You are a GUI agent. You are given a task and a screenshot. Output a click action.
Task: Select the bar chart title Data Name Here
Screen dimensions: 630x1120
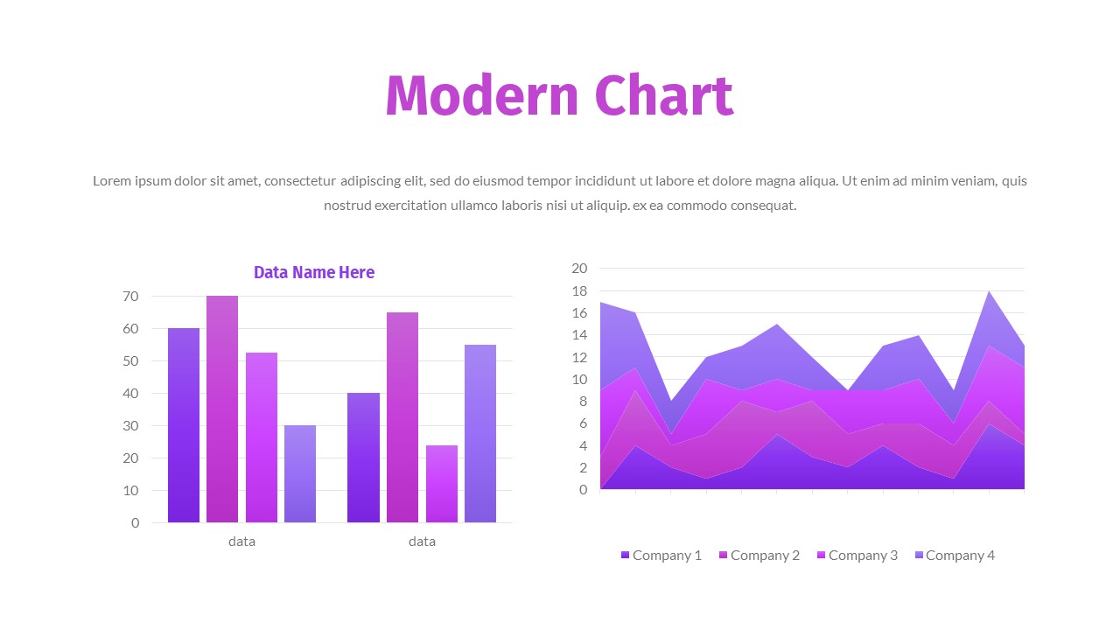pos(314,272)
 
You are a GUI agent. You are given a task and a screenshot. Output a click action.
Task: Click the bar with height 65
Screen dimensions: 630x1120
pos(402,417)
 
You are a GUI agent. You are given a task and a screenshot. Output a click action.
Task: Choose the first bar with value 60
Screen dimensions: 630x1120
pos(184,425)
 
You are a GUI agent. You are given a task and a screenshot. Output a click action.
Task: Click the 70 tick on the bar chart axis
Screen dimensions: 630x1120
pos(129,297)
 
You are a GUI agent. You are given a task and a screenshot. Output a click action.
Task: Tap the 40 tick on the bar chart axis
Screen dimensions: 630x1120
pos(129,394)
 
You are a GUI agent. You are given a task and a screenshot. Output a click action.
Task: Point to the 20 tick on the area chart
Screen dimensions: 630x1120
pos(579,268)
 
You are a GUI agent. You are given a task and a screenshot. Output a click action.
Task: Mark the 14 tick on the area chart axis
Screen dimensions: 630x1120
pos(579,335)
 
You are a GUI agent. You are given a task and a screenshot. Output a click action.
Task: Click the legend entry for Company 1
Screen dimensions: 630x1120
pos(661,555)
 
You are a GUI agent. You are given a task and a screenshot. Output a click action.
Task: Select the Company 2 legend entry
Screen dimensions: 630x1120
pos(759,555)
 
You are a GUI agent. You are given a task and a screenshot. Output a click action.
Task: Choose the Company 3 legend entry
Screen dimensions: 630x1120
pos(857,555)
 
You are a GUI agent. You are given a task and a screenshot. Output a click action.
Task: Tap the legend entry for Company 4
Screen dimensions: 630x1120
pos(955,555)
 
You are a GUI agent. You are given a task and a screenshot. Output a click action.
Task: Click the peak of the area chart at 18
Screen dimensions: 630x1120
pos(989,292)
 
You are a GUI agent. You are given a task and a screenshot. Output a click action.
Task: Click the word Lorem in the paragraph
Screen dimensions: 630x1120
pos(111,181)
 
